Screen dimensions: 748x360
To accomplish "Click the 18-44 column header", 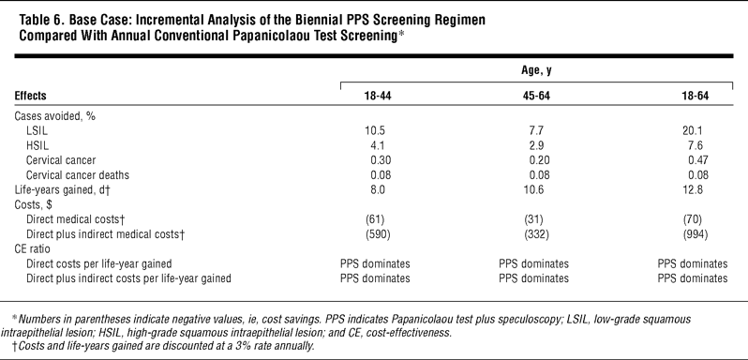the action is pyautogui.click(x=378, y=96).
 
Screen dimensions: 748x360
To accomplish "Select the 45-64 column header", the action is pyautogui.click(x=536, y=96).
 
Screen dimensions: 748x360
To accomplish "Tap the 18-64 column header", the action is pyautogui.click(x=696, y=96).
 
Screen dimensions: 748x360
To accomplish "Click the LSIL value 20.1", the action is pyautogui.click(x=696, y=131).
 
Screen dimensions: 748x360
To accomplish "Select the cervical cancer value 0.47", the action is pyautogui.click(x=698, y=160).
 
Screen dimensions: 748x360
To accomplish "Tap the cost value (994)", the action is pyautogui.click(x=696, y=234).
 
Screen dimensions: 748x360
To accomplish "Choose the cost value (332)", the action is pyautogui.click(x=536, y=234).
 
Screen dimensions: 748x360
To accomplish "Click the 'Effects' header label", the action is pyautogui.click(x=31, y=96).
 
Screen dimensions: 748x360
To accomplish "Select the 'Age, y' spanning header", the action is pyautogui.click(x=536, y=70).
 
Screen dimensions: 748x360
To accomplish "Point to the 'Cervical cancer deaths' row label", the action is pyautogui.click(x=77, y=175).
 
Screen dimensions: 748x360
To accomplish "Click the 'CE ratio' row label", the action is pyautogui.click(x=32, y=248).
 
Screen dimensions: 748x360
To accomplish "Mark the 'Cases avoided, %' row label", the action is pyautogui.click(x=55, y=117).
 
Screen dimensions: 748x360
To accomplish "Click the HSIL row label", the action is pyautogui.click(x=37, y=146).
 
